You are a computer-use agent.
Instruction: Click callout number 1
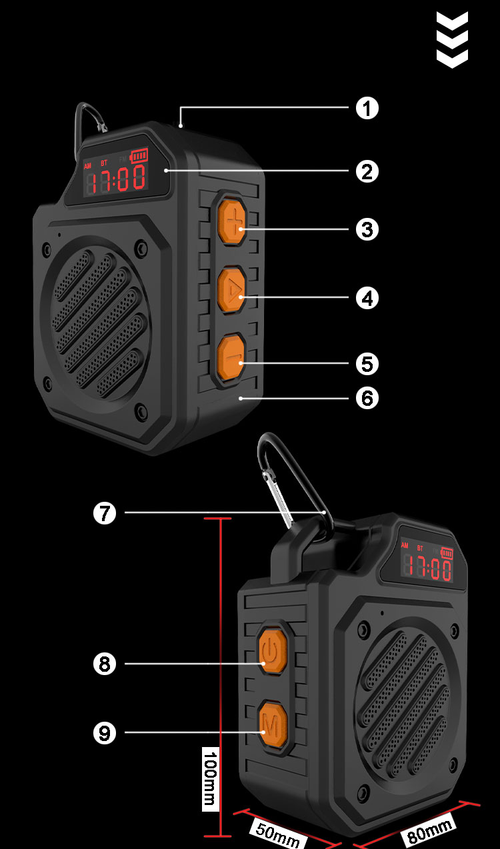367,108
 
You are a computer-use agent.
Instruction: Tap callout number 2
367,171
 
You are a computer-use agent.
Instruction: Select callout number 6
367,399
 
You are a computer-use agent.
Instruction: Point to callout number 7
105,513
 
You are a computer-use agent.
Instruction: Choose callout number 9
105,733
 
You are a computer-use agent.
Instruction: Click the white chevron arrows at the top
452,39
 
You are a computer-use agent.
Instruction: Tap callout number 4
367,297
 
